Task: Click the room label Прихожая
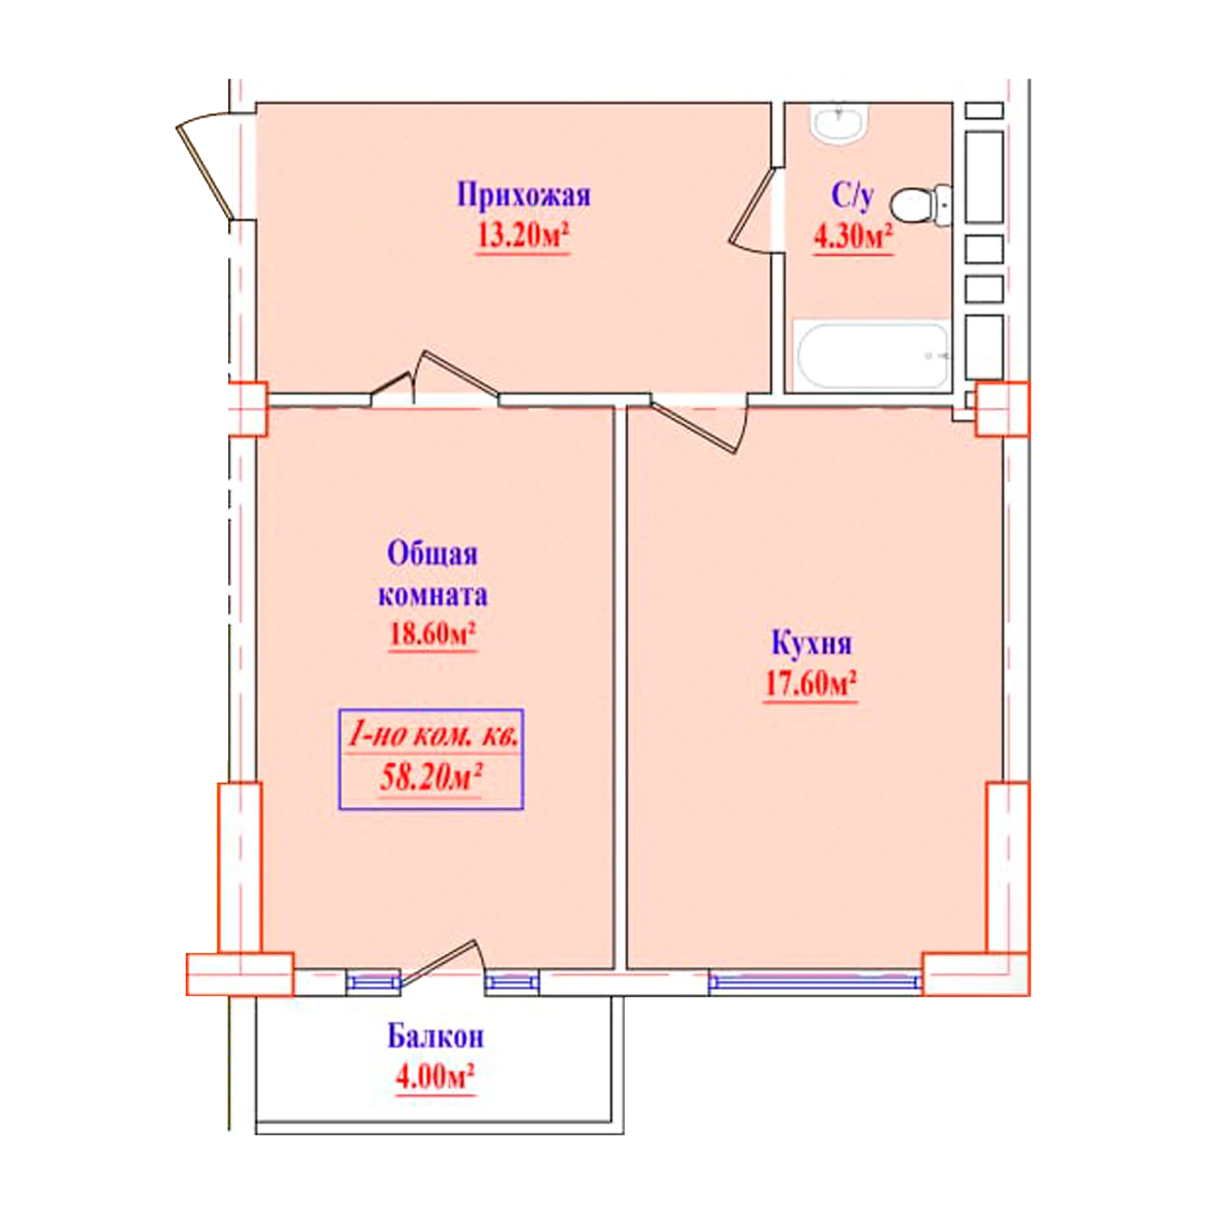point(524,195)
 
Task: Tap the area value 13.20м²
point(522,236)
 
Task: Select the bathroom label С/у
point(851,196)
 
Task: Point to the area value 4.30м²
point(853,236)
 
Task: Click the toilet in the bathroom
point(921,205)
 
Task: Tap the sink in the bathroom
point(839,123)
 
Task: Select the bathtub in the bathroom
point(872,355)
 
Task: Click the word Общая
point(432,554)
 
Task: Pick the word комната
point(432,595)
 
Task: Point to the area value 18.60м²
point(432,633)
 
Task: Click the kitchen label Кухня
point(811,643)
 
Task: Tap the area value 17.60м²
point(811,684)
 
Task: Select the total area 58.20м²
point(431,777)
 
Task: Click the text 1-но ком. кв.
point(432,735)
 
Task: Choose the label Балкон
point(435,1037)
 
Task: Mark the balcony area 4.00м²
point(435,1077)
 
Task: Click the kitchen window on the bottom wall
point(815,983)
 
